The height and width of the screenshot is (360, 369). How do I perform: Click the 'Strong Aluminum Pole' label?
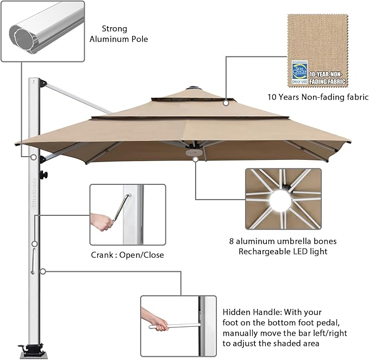tap(124, 33)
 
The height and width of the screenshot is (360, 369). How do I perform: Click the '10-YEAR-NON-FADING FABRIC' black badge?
tap(328, 76)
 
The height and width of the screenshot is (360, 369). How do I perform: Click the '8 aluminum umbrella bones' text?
tap(284, 241)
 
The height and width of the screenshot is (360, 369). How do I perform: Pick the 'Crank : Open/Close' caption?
tap(127, 255)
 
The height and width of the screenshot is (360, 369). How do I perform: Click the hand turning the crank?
tap(102, 221)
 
